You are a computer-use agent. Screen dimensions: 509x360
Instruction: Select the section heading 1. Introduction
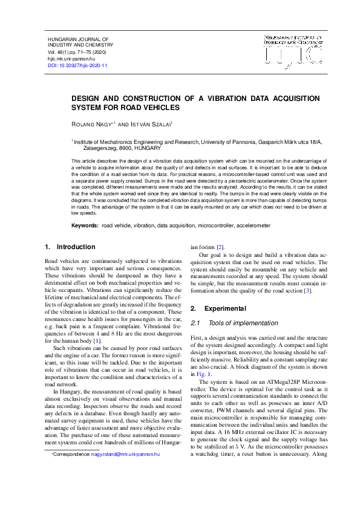(x=70, y=247)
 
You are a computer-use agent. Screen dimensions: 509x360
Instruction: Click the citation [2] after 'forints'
(x=220, y=247)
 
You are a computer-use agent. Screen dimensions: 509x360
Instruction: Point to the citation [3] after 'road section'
(x=307, y=291)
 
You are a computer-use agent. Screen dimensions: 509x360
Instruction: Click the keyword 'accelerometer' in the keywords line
(x=249, y=225)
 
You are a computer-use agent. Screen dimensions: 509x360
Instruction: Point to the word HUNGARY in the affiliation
(x=148, y=148)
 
